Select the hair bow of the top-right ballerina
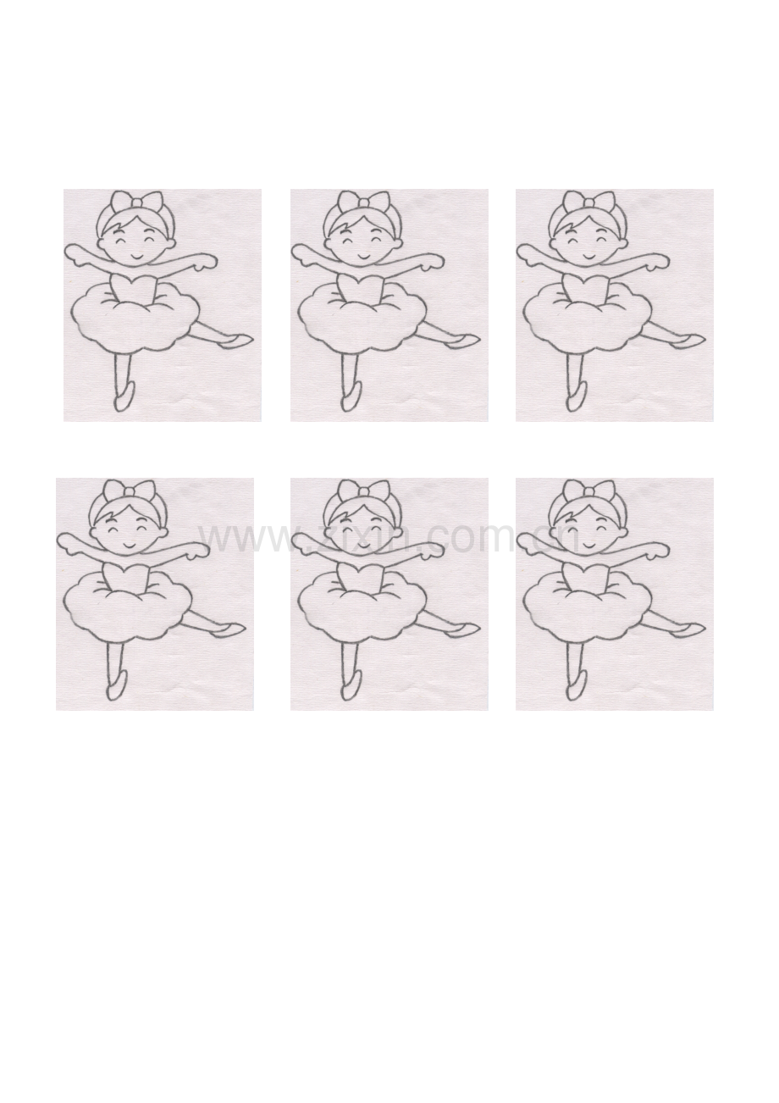click(x=589, y=202)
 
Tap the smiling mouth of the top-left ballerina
click(x=137, y=258)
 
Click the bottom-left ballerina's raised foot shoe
click(x=229, y=629)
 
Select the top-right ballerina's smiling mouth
click(x=589, y=258)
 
